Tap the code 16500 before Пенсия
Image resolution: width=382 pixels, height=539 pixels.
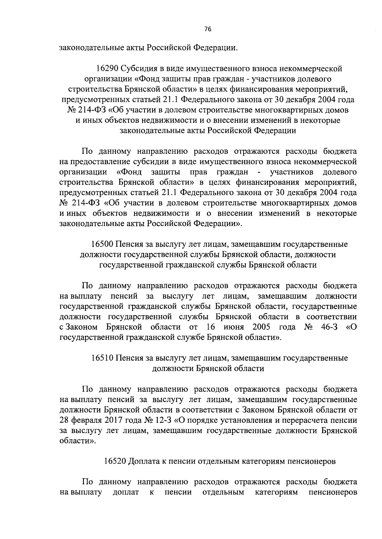tap(103, 244)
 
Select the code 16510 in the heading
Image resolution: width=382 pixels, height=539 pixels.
tap(103, 358)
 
